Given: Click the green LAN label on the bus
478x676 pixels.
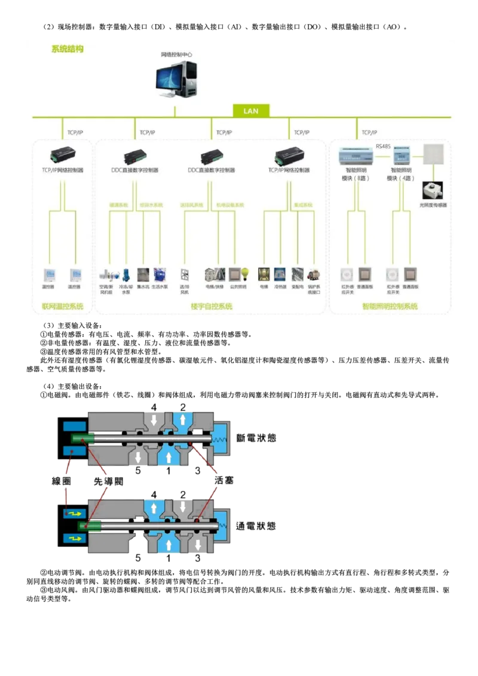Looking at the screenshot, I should (251, 111).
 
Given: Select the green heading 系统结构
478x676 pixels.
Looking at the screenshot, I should (68, 50).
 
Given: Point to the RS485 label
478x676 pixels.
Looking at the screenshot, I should (383, 146).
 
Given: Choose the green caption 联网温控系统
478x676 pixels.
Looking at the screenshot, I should (63, 306).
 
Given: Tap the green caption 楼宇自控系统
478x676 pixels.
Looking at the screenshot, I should (212, 306).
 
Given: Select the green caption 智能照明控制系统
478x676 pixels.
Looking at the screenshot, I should (390, 306).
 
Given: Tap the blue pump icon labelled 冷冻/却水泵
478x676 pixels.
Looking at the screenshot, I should (126, 274).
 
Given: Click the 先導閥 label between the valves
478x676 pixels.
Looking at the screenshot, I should (108, 481).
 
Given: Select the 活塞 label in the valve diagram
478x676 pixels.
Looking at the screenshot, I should (223, 481).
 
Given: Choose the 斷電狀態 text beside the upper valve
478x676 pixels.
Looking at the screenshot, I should (256, 438).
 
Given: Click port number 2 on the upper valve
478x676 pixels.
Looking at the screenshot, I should (183, 407).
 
